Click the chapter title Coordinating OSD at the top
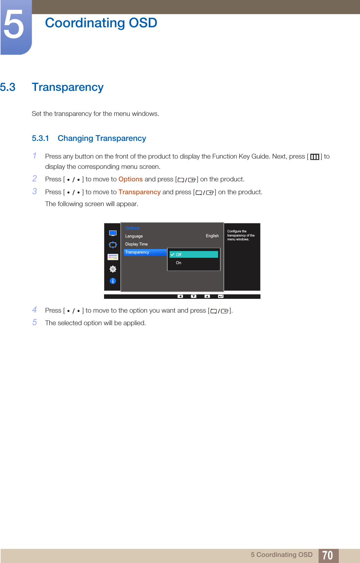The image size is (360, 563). coord(101,23)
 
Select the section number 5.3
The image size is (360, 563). coord(8,87)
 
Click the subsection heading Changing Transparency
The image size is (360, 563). coord(102,138)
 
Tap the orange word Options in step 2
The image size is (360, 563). coord(130,179)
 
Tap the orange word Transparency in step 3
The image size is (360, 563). coord(139,192)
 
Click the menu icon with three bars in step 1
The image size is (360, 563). coord(314,157)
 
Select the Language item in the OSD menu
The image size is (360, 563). coord(134,236)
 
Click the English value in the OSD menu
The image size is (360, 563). coord(212,236)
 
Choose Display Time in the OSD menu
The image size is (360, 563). coord(136,244)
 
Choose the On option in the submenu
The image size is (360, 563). coord(179,263)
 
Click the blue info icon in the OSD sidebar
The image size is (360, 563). coord(113,281)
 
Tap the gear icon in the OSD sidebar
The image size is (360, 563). coord(113,269)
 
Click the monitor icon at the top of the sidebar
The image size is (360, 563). coord(113,233)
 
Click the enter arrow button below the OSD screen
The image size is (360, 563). coord(220,296)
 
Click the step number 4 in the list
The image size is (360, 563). coord(35,310)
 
